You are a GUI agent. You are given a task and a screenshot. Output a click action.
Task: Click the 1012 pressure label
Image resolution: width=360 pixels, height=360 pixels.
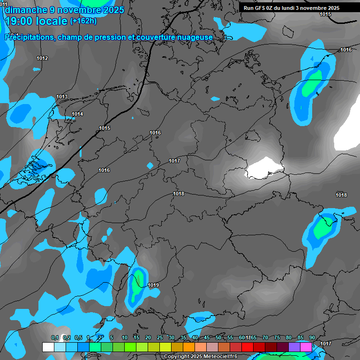click(x=42, y=58)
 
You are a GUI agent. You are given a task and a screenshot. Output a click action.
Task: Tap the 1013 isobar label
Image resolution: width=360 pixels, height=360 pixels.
click(x=62, y=97)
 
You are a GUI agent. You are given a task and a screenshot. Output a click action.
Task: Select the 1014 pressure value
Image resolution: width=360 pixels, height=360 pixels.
click(x=77, y=114)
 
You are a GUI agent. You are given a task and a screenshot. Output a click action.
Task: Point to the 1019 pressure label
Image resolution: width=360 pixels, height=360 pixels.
click(x=153, y=285)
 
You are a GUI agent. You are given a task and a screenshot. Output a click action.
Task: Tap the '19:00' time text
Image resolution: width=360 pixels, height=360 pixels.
click(x=20, y=21)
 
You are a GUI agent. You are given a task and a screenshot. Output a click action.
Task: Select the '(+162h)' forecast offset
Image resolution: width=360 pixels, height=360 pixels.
click(x=83, y=21)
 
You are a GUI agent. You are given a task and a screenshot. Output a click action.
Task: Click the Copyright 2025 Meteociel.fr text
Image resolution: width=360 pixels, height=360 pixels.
click(x=201, y=357)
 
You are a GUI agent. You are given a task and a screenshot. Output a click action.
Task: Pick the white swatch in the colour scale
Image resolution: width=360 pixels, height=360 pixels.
click(x=48, y=347)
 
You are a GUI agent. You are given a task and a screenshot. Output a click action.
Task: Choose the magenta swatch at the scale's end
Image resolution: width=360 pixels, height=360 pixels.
click(x=306, y=347)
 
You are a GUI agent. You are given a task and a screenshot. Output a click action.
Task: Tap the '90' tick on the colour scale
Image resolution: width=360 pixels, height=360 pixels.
click(x=312, y=337)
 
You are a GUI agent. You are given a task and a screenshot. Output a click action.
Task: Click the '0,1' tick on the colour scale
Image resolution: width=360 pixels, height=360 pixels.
click(x=55, y=337)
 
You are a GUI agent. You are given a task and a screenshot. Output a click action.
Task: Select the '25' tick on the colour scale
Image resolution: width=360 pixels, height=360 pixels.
click(x=160, y=337)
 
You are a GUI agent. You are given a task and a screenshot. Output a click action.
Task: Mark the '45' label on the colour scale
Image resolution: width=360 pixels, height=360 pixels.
click(x=207, y=337)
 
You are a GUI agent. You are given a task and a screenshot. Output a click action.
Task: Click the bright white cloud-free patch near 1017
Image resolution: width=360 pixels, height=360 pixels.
click(x=265, y=167)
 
